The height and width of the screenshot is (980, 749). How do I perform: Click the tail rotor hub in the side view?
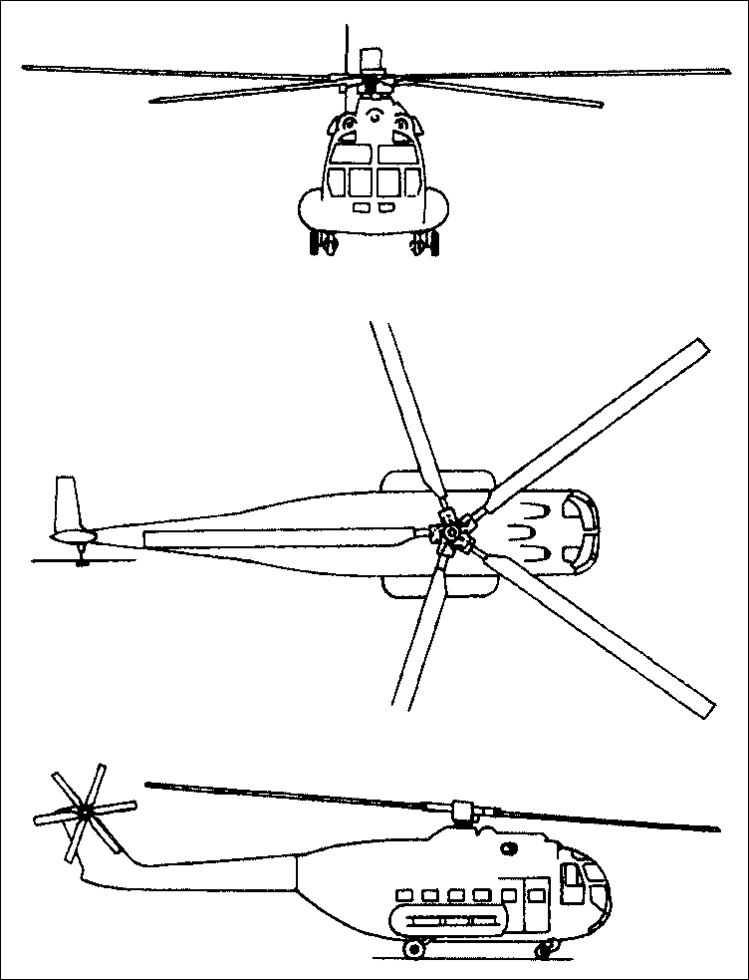[x=85, y=814]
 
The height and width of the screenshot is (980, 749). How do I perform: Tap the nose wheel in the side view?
[x=544, y=948]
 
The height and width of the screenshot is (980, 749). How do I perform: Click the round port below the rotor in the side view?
[x=511, y=849]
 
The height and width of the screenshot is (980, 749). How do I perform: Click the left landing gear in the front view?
[x=324, y=242]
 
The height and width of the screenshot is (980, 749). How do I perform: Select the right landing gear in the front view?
[x=424, y=242]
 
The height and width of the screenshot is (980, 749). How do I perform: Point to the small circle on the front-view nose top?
[x=374, y=118]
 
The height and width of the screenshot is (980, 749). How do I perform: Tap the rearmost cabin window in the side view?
[x=405, y=894]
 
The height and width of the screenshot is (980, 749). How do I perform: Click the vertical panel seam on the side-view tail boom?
[x=297, y=877]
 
